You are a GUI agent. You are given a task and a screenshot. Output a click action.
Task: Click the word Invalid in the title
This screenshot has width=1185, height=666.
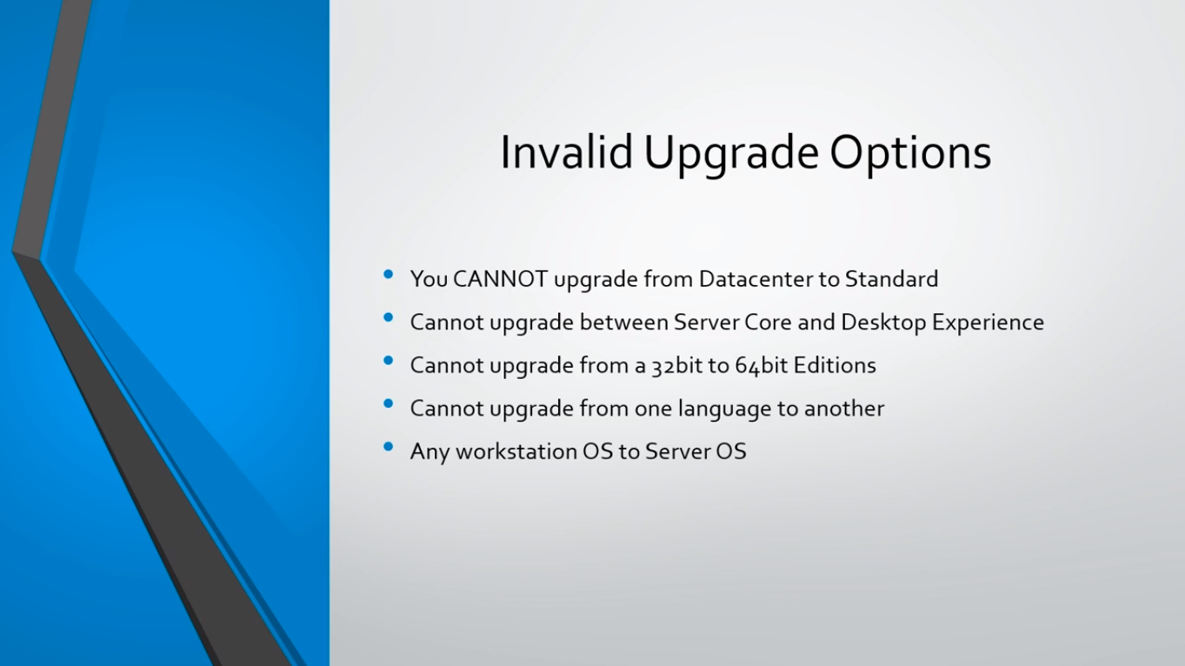[566, 152]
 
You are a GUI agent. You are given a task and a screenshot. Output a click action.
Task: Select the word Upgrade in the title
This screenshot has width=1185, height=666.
[731, 155]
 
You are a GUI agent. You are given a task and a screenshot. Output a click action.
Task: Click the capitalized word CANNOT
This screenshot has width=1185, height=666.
[500, 279]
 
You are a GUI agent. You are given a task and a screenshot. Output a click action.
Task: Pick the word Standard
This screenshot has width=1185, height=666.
[891, 279]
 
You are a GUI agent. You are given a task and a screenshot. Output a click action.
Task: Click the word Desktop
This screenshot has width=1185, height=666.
[883, 323]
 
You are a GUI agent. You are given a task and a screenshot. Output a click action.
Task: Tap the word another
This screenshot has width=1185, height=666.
[844, 409]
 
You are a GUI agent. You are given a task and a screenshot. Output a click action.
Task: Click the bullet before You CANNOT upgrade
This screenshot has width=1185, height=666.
[389, 274]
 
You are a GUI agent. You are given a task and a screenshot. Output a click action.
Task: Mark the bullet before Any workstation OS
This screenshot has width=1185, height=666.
[389, 447]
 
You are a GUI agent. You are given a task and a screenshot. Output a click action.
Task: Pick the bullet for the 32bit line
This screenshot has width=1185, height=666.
[389, 360]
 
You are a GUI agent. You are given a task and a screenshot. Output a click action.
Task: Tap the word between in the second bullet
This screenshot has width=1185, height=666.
[623, 323]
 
